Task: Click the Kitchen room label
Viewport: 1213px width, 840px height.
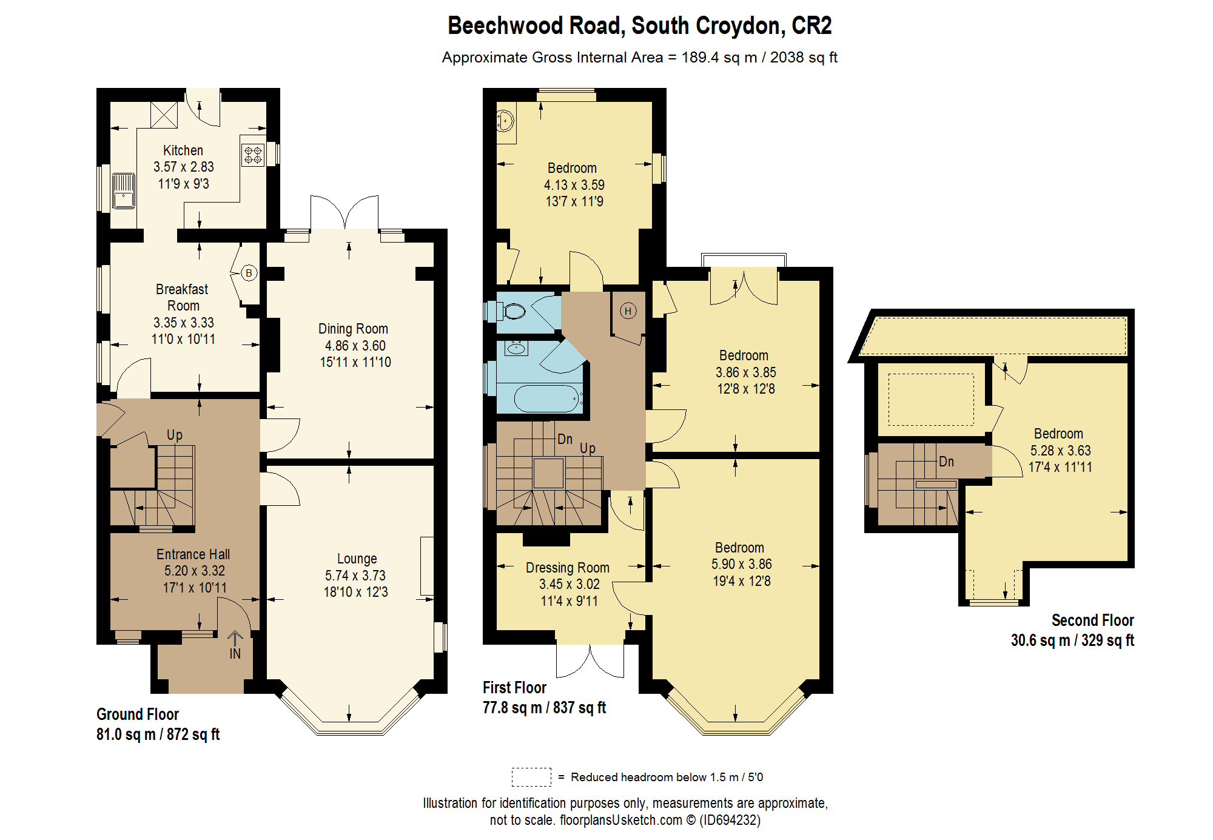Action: (x=183, y=150)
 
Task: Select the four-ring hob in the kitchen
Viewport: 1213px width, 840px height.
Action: (x=253, y=155)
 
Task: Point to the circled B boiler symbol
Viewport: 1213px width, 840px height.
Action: (x=249, y=273)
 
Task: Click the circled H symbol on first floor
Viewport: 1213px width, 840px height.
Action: (x=628, y=311)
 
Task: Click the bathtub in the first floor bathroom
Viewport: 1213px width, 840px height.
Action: (x=548, y=398)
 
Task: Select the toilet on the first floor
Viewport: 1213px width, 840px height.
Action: (x=509, y=312)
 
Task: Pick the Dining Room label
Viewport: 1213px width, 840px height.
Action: (x=353, y=329)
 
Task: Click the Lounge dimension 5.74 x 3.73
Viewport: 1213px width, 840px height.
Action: (x=355, y=576)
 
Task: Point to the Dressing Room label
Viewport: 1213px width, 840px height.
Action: (x=568, y=568)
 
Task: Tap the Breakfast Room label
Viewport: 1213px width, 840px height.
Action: (x=183, y=297)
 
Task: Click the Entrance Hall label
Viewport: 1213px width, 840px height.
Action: (x=193, y=554)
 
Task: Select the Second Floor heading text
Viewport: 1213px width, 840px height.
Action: (x=1093, y=620)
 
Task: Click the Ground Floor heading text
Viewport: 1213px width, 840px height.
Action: (x=138, y=714)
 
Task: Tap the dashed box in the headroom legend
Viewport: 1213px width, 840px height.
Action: (x=531, y=777)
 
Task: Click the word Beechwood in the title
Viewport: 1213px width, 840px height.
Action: (x=506, y=26)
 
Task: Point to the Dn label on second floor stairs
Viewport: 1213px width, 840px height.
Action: (x=946, y=462)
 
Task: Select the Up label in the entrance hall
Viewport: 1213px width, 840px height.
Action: (x=175, y=435)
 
